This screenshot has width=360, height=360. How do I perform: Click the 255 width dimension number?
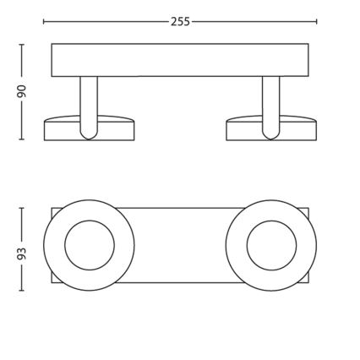coord(180,21)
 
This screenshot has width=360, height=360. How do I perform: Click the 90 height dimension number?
coord(23,90)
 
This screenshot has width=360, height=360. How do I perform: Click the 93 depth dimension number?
coord(23,253)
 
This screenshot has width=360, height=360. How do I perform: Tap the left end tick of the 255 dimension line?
coord(44,21)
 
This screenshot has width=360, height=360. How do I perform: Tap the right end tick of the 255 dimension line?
coord(317,21)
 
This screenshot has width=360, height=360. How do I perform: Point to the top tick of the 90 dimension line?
coord(23,43)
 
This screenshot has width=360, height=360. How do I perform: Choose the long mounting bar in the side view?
coord(180,60)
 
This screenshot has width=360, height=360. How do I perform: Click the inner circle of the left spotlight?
coord(89,245)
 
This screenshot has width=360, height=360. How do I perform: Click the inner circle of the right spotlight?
coord(271,245)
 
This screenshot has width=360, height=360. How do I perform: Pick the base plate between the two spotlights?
coord(180,245)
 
